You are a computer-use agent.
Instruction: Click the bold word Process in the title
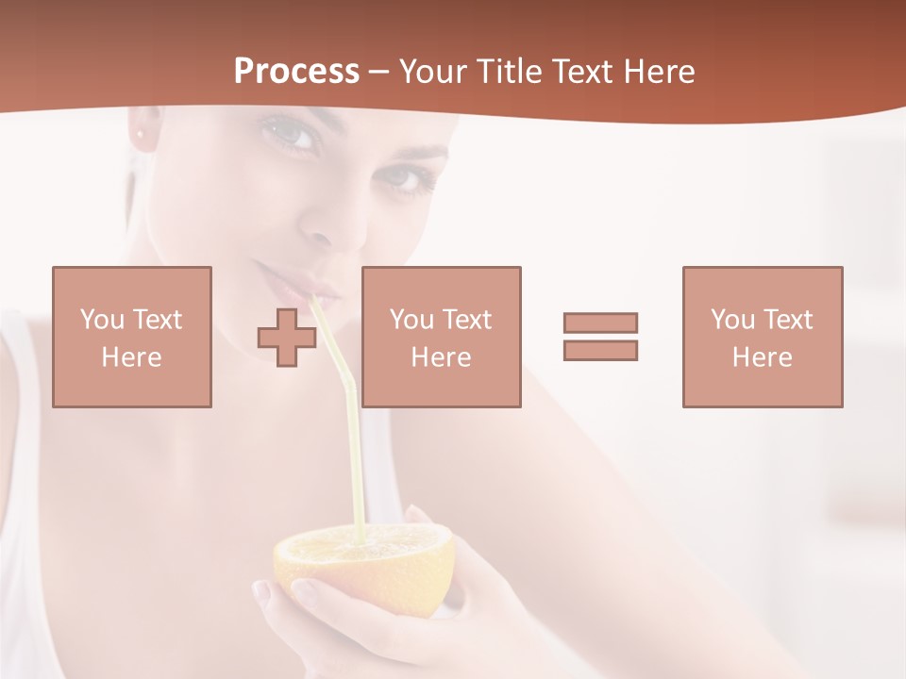point(296,72)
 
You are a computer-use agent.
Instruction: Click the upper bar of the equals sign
point(600,323)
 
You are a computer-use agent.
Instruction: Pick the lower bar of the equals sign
point(600,350)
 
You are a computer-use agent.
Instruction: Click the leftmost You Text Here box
point(131,337)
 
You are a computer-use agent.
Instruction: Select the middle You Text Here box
point(441,337)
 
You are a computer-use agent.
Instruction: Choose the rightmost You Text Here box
point(762,337)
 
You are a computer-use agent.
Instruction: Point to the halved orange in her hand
point(363,566)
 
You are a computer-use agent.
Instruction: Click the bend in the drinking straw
point(347,382)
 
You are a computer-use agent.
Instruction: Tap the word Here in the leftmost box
point(131,356)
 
